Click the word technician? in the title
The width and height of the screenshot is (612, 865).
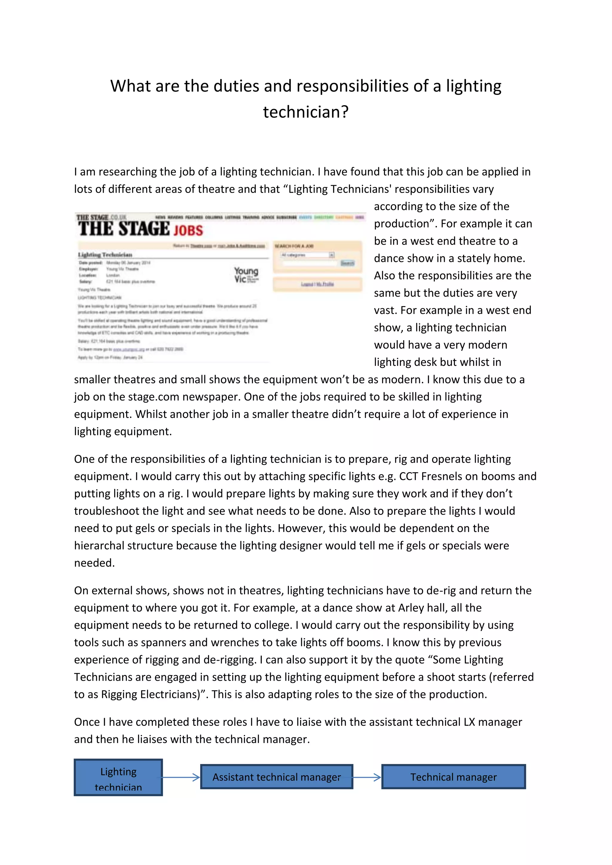click(306, 112)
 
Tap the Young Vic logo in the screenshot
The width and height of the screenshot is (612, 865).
click(246, 275)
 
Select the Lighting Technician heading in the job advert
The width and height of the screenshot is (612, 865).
click(105, 255)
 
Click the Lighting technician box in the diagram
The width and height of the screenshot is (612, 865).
click(118, 777)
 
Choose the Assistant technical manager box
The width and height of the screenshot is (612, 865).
click(277, 777)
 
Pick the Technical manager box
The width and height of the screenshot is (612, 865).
click(453, 777)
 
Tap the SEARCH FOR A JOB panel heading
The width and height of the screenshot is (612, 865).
click(294, 246)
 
